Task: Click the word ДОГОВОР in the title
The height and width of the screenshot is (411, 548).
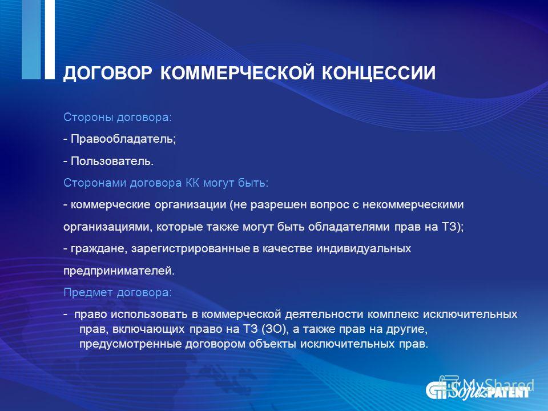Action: pyautogui.click(x=108, y=74)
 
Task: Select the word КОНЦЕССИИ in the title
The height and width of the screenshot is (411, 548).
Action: pyautogui.click(x=378, y=74)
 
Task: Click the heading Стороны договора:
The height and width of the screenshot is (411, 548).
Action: pyautogui.click(x=118, y=118)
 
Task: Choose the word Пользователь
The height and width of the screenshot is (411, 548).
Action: pyautogui.click(x=112, y=161)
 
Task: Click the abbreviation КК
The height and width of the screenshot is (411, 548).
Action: pyautogui.click(x=192, y=183)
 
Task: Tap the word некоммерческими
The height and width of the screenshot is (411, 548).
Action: pyautogui.click(x=413, y=205)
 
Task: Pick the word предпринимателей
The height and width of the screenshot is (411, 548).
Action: pyautogui.click(x=119, y=271)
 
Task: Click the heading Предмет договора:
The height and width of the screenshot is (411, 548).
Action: pyautogui.click(x=118, y=292)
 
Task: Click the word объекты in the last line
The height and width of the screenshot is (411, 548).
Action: pyautogui.click(x=273, y=344)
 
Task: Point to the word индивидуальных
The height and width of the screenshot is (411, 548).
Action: pyautogui.click(x=364, y=249)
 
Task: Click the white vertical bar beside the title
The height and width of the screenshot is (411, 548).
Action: pyautogui.click(x=50, y=39)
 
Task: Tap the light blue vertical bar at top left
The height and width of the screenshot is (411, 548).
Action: pyautogui.click(x=31, y=39)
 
